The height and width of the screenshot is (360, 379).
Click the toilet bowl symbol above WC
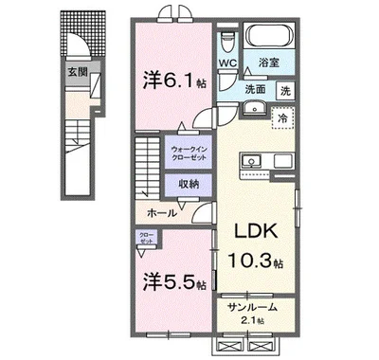(227, 43)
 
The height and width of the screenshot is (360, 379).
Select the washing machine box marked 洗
(284, 91)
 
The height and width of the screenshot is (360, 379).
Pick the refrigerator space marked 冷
(281, 118)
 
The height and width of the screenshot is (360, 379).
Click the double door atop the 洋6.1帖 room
(172, 13)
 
